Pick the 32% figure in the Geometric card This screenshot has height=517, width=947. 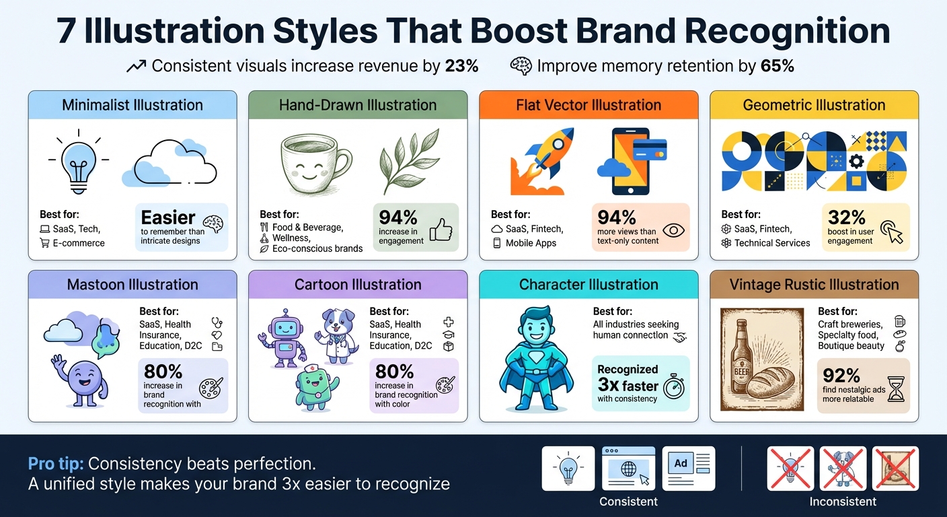[847, 217]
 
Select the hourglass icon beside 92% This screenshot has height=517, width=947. [896, 388]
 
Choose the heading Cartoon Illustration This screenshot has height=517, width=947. [358, 284]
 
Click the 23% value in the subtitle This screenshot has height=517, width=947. [461, 66]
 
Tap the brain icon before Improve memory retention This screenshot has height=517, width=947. [521, 66]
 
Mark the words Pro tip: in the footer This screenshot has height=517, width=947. [56, 464]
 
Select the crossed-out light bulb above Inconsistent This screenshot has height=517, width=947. [790, 468]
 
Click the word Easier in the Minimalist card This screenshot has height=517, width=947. [168, 217]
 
